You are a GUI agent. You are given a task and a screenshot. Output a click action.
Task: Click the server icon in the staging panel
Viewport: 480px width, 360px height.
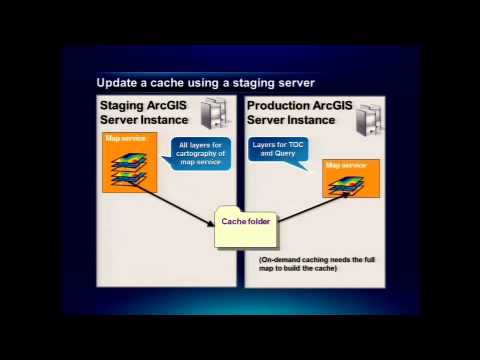pyautogui.click(x=212, y=113)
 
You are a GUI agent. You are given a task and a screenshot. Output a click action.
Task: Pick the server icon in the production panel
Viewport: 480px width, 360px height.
pyautogui.click(x=369, y=119)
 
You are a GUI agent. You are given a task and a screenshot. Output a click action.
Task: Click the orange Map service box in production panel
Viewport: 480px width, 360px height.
pyautogui.click(x=351, y=177)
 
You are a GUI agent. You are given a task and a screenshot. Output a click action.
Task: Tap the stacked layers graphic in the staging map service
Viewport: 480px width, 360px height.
pyautogui.click(x=127, y=167)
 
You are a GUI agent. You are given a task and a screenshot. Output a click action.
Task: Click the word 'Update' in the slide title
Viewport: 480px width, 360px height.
pyautogui.click(x=117, y=83)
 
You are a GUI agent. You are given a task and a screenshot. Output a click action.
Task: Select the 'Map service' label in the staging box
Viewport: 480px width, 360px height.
pyautogui.click(x=121, y=138)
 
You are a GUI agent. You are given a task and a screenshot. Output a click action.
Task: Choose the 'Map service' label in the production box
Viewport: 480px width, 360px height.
pyautogui.click(x=347, y=164)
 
